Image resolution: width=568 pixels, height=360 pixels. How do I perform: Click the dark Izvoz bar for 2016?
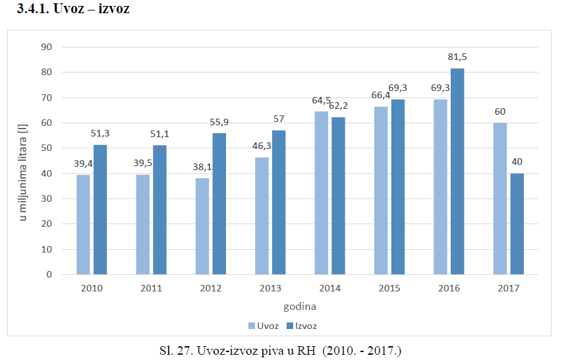[457, 171]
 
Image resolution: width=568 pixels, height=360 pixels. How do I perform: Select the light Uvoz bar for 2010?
[83, 224]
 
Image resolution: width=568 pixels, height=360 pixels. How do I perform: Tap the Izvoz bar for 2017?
[517, 224]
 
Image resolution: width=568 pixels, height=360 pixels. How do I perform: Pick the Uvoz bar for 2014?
[321, 193]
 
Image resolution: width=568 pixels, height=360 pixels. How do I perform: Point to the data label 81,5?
[457, 57]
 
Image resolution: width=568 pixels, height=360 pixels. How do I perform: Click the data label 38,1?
[202, 167]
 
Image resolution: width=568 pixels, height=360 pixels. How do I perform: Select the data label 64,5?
[322, 100]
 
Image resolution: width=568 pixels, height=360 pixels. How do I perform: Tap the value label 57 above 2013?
[279, 119]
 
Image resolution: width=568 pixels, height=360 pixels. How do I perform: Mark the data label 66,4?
[381, 96]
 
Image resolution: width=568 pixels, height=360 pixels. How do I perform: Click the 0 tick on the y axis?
[48, 274]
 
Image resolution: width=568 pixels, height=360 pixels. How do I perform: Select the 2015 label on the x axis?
[389, 288]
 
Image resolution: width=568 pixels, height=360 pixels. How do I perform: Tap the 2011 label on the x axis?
[151, 288]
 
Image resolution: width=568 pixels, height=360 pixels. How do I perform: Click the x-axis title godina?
[300, 307]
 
